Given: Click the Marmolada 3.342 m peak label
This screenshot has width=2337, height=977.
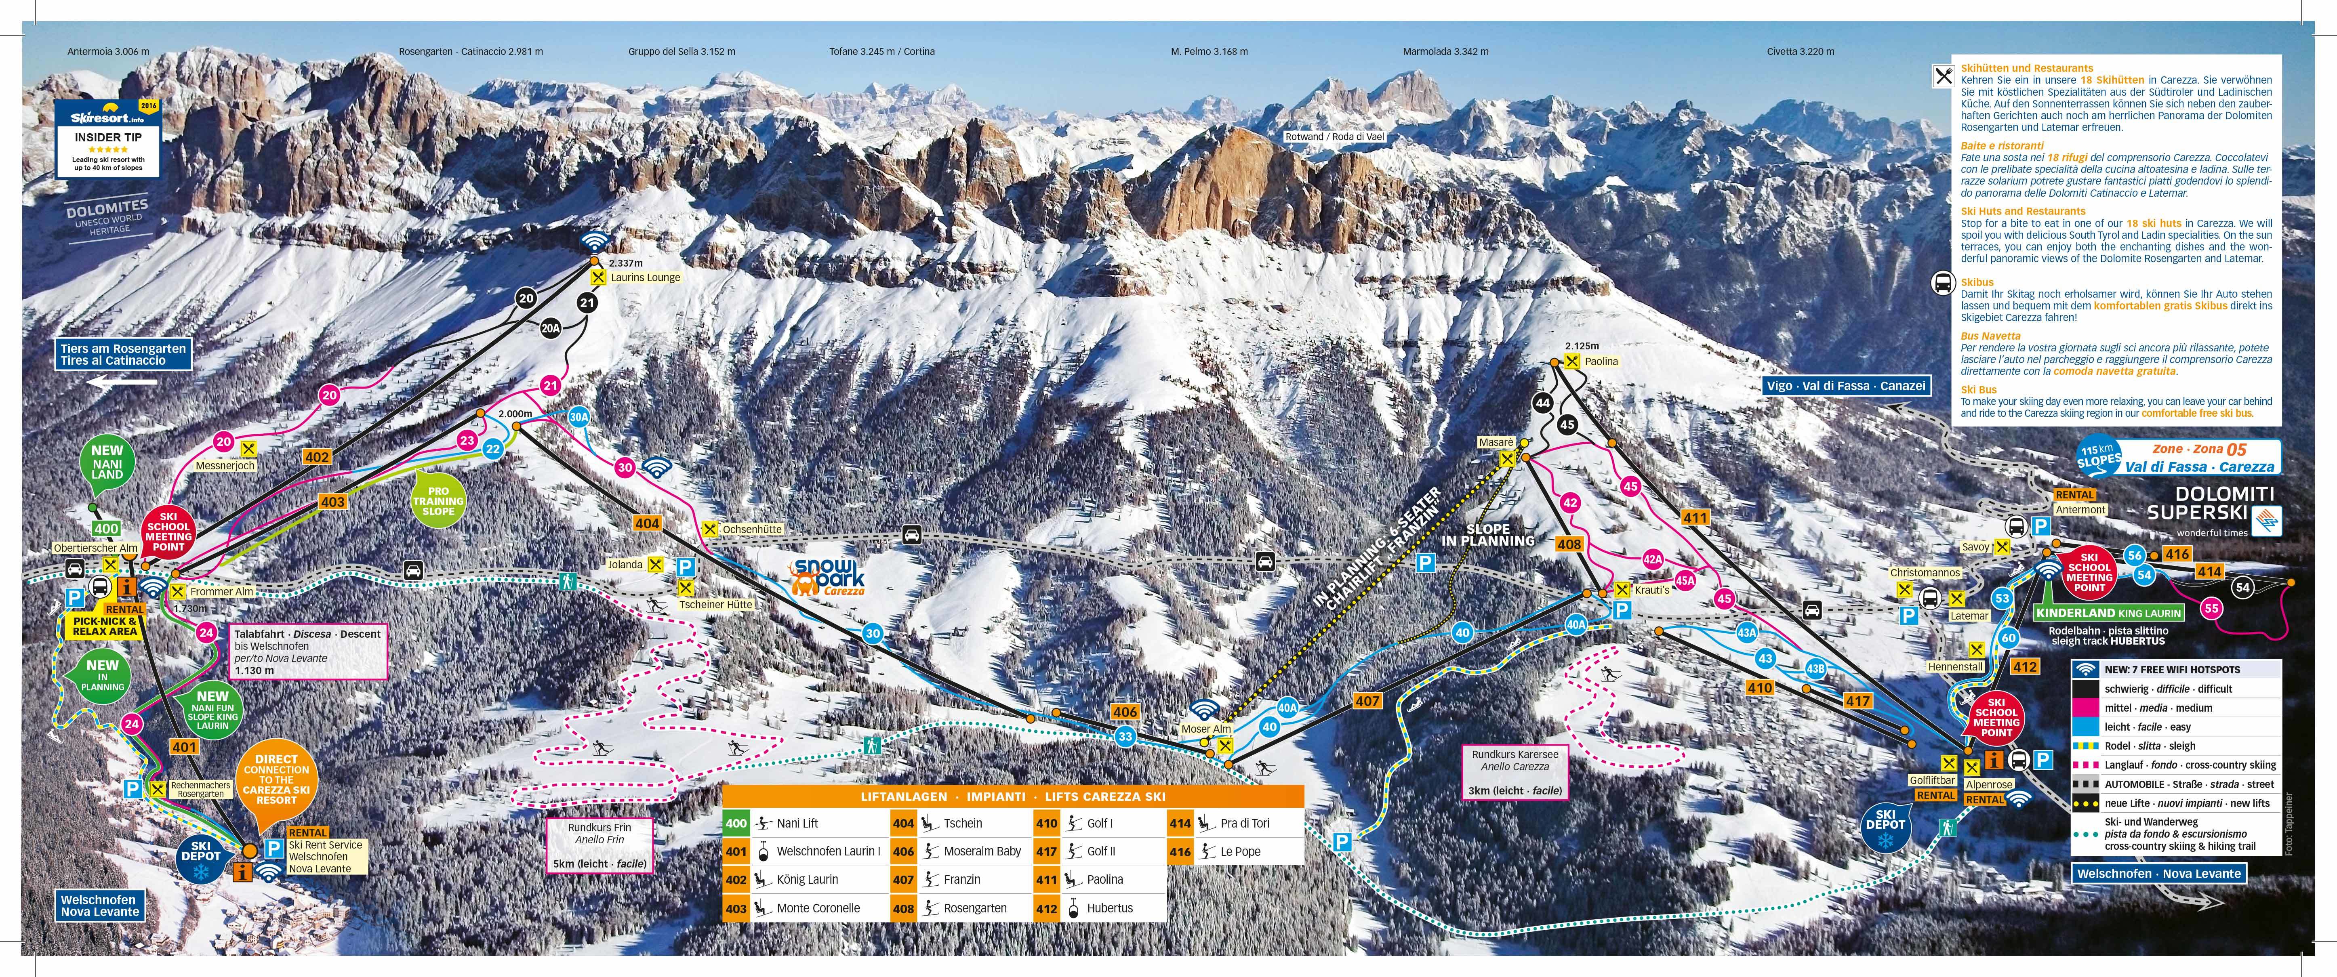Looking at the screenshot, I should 1445,52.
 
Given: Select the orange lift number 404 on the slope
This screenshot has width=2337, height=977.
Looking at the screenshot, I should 647,523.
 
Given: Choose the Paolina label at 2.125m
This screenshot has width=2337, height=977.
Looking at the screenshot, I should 1601,361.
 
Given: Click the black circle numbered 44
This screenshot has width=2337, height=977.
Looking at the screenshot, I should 1542,403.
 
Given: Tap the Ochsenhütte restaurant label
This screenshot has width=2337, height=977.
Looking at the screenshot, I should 752,529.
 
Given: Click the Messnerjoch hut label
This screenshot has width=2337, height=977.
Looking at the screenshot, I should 225,465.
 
